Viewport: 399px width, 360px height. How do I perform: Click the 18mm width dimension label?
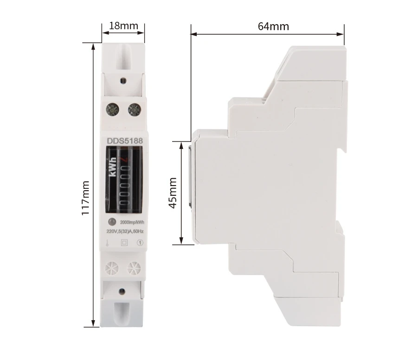123,26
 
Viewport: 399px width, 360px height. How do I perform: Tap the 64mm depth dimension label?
273,26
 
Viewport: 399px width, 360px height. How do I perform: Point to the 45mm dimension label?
173,193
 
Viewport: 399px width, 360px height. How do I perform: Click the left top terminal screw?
112,109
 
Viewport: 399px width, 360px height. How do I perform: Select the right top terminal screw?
133,109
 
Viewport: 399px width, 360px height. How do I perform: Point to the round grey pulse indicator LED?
112,222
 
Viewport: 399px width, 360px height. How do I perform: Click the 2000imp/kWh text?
132,222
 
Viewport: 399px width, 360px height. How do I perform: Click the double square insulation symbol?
124,242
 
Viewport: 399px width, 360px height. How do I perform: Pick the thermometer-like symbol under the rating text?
107,242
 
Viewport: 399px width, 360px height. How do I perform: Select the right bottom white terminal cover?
134,268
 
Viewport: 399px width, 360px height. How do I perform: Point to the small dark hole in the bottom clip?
122,291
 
